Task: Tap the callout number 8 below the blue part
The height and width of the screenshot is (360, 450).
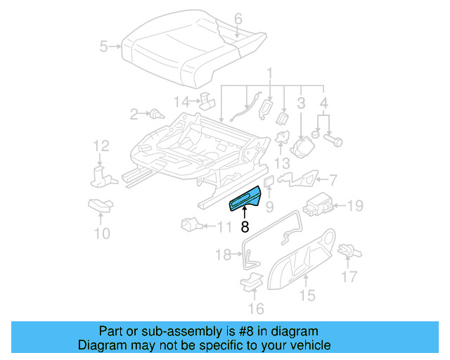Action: point(245,227)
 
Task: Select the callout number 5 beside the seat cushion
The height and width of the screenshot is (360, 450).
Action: point(104,47)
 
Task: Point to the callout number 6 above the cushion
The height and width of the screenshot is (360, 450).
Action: point(238,18)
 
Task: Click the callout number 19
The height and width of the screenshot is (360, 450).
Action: point(356,205)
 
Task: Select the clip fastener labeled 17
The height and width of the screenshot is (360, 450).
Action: point(346,250)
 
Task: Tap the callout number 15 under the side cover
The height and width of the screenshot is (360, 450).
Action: point(307,295)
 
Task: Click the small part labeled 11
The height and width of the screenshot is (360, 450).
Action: point(190,225)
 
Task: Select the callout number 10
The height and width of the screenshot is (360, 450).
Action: point(103,233)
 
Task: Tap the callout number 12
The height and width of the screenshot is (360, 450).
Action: point(102,146)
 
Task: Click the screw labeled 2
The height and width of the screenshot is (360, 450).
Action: point(153,113)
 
